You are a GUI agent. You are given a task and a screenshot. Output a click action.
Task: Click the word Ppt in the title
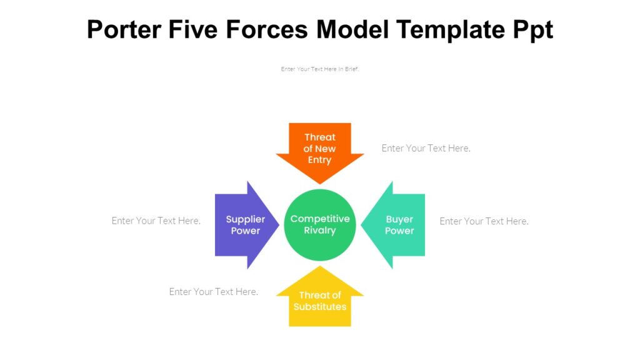[x=532, y=29]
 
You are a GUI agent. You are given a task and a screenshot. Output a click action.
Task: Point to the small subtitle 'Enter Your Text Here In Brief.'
[x=320, y=69]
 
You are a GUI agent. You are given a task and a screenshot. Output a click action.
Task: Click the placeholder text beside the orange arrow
[x=426, y=148]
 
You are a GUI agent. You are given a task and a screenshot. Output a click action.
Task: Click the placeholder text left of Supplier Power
[x=156, y=221]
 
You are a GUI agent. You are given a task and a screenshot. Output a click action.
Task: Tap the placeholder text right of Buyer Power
[x=484, y=221]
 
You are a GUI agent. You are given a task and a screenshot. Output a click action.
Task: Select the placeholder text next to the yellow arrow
[x=213, y=292]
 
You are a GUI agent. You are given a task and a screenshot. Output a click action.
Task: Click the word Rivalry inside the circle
[x=320, y=231]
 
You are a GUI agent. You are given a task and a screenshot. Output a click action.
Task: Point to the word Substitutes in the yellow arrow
[x=320, y=307]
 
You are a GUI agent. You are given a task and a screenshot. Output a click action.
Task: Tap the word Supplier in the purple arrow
[x=246, y=219]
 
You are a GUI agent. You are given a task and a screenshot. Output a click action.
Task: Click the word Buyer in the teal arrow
[x=399, y=219]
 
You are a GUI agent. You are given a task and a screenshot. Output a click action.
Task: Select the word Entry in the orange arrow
[x=320, y=160]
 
